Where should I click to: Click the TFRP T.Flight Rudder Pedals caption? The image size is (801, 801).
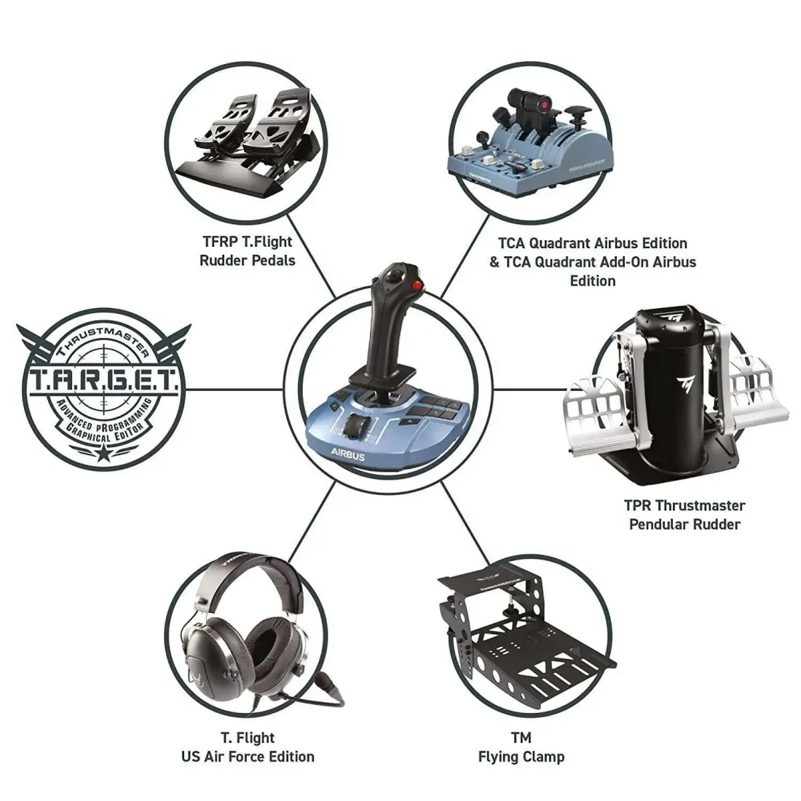coord(248,251)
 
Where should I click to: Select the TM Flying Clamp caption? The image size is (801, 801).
coord(521,746)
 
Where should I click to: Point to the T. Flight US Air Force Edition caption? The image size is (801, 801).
coord(248,746)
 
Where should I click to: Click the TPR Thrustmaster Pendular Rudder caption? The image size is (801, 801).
coord(684,514)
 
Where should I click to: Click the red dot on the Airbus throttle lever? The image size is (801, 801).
coord(539,103)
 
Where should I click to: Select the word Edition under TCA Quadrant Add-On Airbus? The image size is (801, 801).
coord(593,281)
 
